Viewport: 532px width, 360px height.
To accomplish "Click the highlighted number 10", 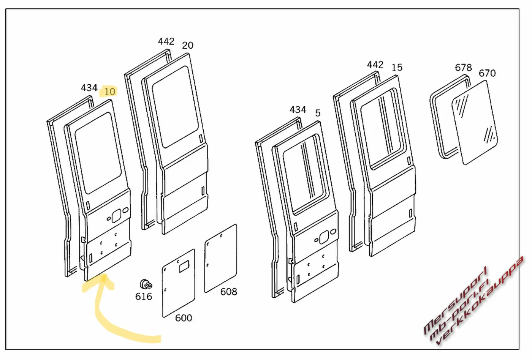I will (x=109, y=92).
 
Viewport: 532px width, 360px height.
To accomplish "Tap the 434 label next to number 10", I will (x=89, y=88).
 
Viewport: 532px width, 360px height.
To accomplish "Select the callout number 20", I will (x=188, y=45).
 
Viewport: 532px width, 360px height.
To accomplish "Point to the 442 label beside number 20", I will (x=166, y=41).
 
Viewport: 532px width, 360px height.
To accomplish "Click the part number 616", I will (x=144, y=296).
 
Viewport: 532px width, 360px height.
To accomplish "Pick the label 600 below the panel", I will (x=183, y=318).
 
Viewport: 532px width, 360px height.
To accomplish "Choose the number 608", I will (x=229, y=291).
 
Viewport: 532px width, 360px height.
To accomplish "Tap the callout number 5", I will (x=318, y=113).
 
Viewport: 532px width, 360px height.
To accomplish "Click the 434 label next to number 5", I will (x=298, y=109).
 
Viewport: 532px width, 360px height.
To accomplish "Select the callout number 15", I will (x=397, y=67).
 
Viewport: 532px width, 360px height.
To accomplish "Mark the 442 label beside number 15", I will (x=375, y=65).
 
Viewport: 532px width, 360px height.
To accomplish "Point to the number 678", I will (x=463, y=67).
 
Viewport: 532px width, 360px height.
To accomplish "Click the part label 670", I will (x=487, y=73).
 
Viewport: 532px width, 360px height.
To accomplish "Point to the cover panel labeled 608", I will (x=221, y=258).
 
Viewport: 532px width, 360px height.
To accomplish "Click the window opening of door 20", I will (x=175, y=106).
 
